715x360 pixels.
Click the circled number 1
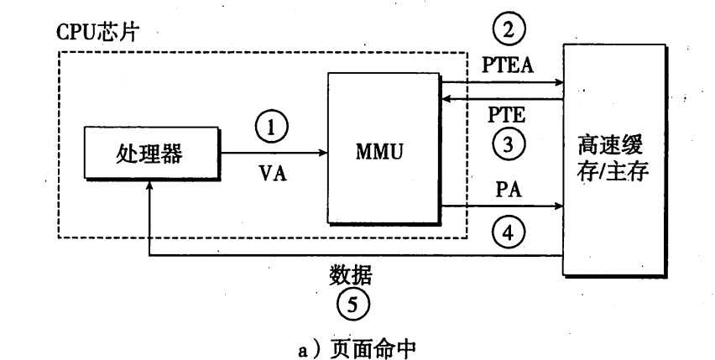pos(270,128)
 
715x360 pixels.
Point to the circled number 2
pos(508,32)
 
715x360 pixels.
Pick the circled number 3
pos(508,144)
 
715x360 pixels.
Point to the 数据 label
pos(352,274)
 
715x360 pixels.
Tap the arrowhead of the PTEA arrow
pos(559,82)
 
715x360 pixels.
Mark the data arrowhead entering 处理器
pos(149,191)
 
